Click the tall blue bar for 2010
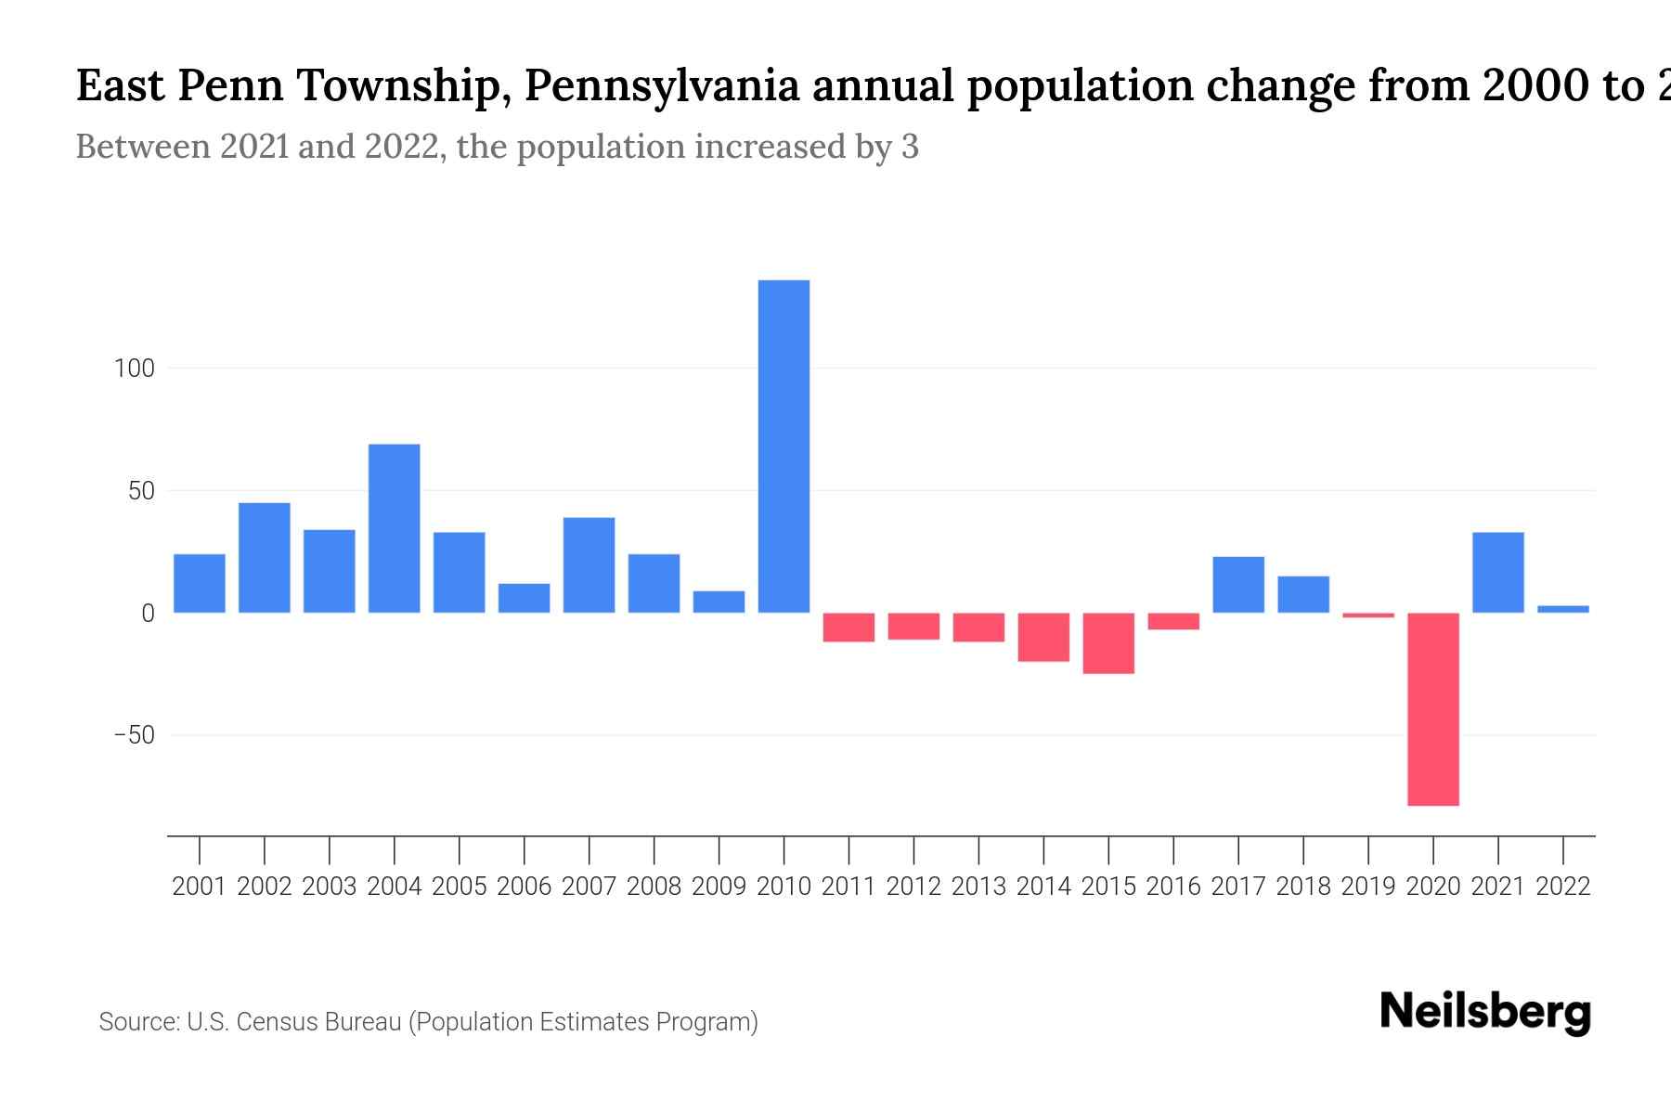[784, 447]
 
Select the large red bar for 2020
[1433, 709]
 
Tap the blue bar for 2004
[395, 528]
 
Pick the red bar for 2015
[1108, 643]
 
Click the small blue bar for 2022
[1563, 609]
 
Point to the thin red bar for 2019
[1368, 615]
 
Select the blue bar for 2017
[1238, 585]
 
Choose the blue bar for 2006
[525, 598]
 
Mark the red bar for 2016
[1173, 621]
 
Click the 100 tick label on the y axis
[135, 369]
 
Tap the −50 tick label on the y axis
[135, 735]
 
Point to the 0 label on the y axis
[148, 614]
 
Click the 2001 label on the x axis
[200, 887]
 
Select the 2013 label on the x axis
[978, 887]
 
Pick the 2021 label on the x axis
[1498, 887]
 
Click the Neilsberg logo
[1485, 1012]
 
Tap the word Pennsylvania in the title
[662, 86]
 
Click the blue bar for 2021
[1498, 573]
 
